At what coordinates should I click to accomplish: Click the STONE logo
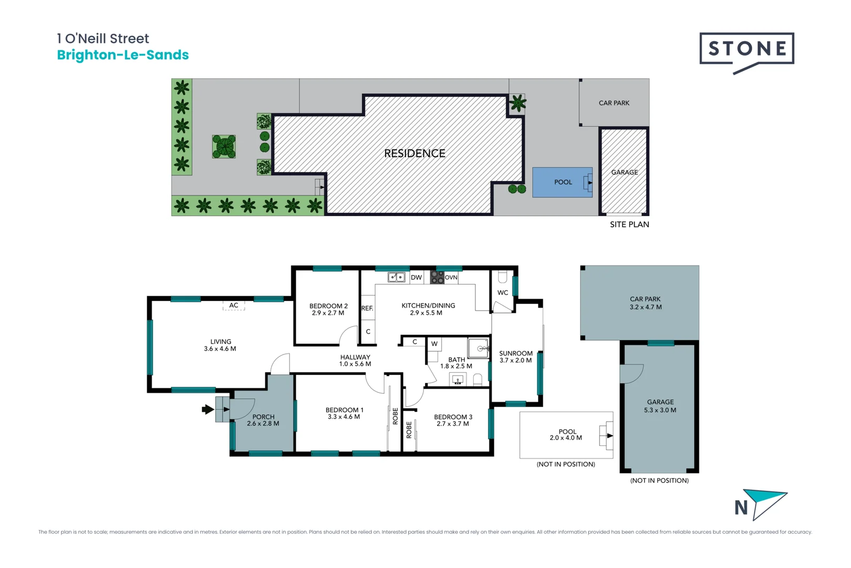coord(746,49)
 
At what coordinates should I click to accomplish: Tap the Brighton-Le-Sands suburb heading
coord(122,55)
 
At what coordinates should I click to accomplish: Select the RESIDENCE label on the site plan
coord(414,153)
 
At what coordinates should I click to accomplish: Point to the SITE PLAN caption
coord(629,224)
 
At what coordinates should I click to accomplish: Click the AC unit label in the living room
coord(234,305)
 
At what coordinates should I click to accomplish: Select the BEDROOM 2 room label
coord(328,306)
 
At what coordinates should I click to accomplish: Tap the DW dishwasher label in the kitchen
coord(417,277)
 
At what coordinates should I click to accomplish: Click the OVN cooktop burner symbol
coord(437,277)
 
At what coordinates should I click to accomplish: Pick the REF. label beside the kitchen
coord(367,308)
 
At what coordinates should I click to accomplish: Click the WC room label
coord(503,292)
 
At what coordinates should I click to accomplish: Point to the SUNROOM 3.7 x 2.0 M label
coord(515,357)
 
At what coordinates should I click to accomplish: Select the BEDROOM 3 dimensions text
coord(453,423)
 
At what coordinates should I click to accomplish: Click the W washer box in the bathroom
coord(434,344)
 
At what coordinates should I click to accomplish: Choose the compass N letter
coord(741,508)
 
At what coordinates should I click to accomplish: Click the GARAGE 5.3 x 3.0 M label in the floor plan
coord(660,405)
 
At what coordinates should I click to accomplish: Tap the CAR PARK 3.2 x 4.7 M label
coord(645,302)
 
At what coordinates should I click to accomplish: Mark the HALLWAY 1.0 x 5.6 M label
coord(355,360)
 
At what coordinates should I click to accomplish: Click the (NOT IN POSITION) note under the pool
coord(566,464)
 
